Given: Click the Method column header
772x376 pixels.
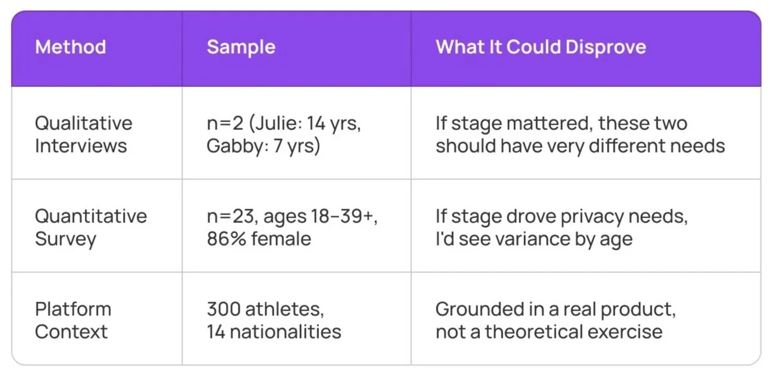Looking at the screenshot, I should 70,47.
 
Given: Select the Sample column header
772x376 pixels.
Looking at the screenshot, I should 241,47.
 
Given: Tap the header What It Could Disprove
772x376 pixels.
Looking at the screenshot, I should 541,47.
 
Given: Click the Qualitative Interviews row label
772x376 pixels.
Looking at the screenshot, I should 83,134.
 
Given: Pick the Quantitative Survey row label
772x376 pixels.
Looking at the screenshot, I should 91,227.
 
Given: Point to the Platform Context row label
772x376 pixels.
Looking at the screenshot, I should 73,320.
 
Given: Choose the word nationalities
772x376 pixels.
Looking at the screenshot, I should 286,331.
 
